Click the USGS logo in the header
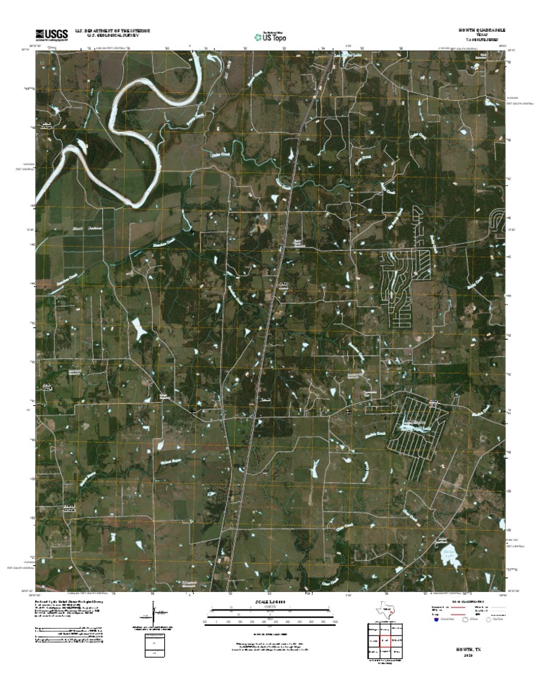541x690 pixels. pyautogui.click(x=49, y=35)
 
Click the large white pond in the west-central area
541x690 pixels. pyautogui.click(x=140, y=328)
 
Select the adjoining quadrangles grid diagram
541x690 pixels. pyautogui.click(x=385, y=642)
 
